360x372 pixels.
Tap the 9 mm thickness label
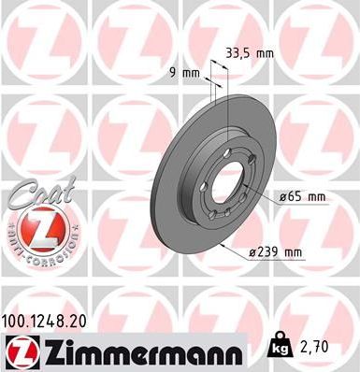click(x=193, y=72)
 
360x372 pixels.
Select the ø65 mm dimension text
click(x=302, y=196)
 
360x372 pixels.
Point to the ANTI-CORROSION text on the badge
click(x=36, y=254)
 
